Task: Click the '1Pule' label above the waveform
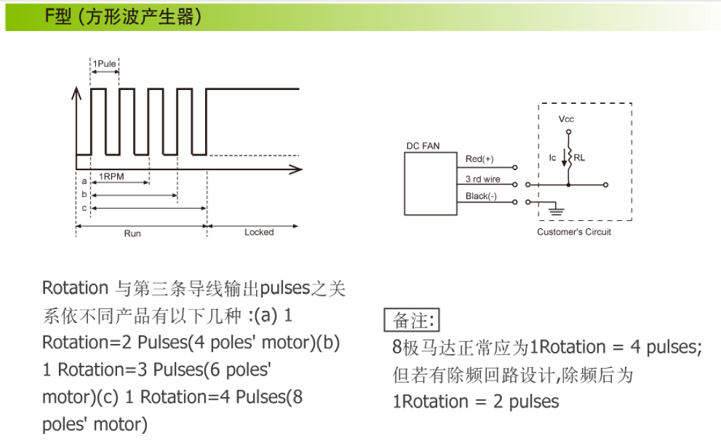pos(105,64)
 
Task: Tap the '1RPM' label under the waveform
pos(111,176)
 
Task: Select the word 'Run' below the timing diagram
pos(132,233)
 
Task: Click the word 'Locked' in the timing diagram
pos(259,232)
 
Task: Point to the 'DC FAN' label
pos(423,146)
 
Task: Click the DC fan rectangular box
pos(431,183)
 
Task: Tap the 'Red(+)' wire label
pos(480,159)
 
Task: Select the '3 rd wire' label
pos(483,179)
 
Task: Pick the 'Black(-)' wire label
pos(481,196)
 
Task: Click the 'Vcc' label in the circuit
pos(566,119)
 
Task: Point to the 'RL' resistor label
pos(579,157)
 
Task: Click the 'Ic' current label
pos(552,157)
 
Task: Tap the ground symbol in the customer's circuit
pos(556,210)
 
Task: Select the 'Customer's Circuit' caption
pos(574,232)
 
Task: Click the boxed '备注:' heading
pos(412,320)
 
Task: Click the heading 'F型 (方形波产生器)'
pos(123,17)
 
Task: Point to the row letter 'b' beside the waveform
pos(84,194)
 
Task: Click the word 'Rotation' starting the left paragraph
pos(75,288)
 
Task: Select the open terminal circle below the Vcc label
pos(569,132)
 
